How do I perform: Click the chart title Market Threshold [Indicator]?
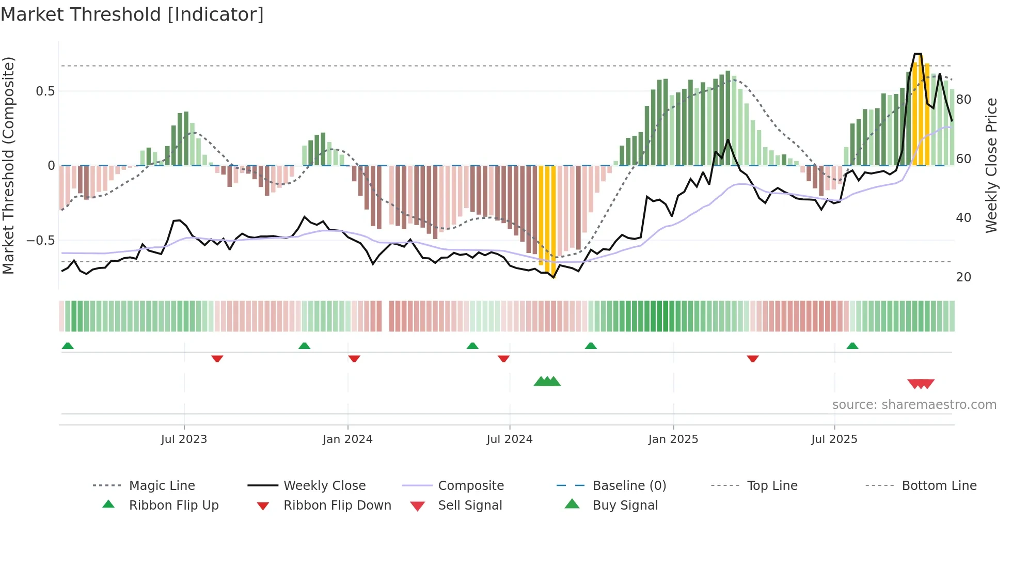[x=132, y=14]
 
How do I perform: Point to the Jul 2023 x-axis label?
[x=184, y=439]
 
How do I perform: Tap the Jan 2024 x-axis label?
[x=347, y=439]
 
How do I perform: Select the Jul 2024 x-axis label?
[x=509, y=439]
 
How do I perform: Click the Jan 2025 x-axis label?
[x=673, y=439]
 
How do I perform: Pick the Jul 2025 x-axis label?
[x=834, y=439]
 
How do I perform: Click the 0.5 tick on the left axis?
[x=45, y=91]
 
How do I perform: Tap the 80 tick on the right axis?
[x=963, y=100]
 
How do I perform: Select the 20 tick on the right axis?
[x=963, y=277]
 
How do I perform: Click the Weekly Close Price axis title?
[x=991, y=166]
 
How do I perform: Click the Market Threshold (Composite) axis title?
[x=8, y=166]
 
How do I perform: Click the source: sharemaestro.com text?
[x=914, y=405]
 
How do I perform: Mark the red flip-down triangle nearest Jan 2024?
[x=354, y=358]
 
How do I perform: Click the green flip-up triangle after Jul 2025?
[x=852, y=345]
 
